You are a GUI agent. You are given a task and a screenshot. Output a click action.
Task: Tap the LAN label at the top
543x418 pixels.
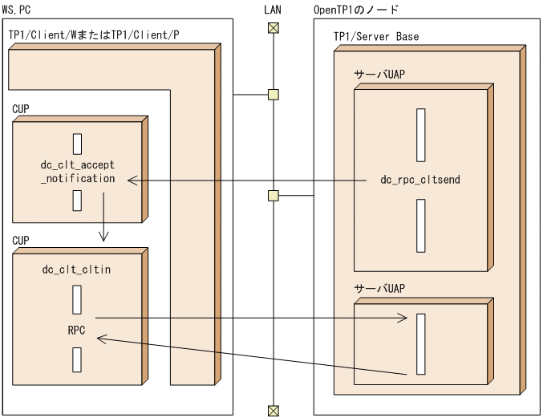click(273, 10)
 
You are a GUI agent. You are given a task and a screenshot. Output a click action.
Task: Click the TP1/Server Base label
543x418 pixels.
click(375, 37)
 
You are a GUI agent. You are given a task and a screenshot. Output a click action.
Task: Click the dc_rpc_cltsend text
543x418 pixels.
click(420, 180)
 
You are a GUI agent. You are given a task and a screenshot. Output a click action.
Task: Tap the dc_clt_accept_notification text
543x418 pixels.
click(78, 172)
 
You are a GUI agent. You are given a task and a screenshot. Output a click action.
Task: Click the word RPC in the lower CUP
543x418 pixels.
click(77, 329)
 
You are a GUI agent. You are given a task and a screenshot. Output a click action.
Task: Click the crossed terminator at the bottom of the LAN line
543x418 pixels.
click(274, 411)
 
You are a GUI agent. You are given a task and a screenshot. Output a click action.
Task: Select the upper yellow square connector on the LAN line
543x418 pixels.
click(274, 95)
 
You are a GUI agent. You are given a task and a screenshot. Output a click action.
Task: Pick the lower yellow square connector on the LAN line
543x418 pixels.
click(274, 196)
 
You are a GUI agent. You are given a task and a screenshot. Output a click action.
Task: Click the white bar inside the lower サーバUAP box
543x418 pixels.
click(420, 344)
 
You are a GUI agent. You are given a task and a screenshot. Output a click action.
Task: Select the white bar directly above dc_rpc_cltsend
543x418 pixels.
click(420, 135)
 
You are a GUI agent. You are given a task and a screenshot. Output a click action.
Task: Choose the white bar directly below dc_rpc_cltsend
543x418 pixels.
click(420, 225)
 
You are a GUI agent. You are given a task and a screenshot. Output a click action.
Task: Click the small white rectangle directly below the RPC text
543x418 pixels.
click(77, 359)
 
